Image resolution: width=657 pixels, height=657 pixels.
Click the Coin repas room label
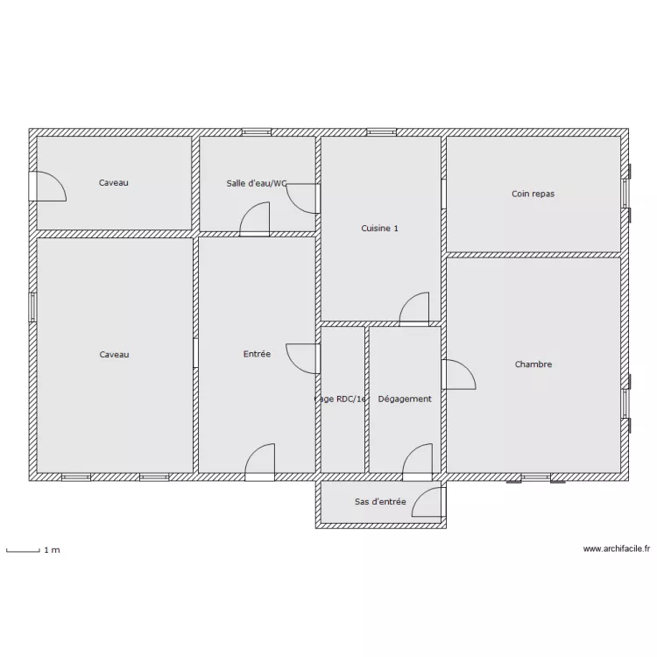click(533, 194)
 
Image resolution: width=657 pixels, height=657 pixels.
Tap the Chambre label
click(533, 364)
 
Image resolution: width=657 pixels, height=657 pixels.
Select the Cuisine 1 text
click(379, 229)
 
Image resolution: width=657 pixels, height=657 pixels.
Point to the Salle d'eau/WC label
click(256, 183)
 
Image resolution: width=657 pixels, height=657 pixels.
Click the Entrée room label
click(257, 354)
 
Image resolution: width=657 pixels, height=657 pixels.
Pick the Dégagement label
click(404, 399)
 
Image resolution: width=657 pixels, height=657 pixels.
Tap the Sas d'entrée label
click(379, 502)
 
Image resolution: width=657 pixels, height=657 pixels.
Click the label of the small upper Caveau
click(114, 183)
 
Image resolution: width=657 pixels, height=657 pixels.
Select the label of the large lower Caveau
click(114, 354)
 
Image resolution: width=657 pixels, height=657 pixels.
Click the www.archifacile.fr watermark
click(617, 549)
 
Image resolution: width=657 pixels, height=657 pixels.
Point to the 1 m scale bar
click(24, 551)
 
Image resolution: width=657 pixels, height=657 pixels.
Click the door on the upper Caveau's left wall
click(47, 186)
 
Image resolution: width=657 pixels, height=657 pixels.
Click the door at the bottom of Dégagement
click(417, 462)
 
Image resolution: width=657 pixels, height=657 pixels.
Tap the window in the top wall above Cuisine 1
click(382, 132)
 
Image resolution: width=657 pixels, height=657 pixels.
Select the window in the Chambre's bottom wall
click(534, 478)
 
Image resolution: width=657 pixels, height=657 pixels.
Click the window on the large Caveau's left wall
click(32, 307)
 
